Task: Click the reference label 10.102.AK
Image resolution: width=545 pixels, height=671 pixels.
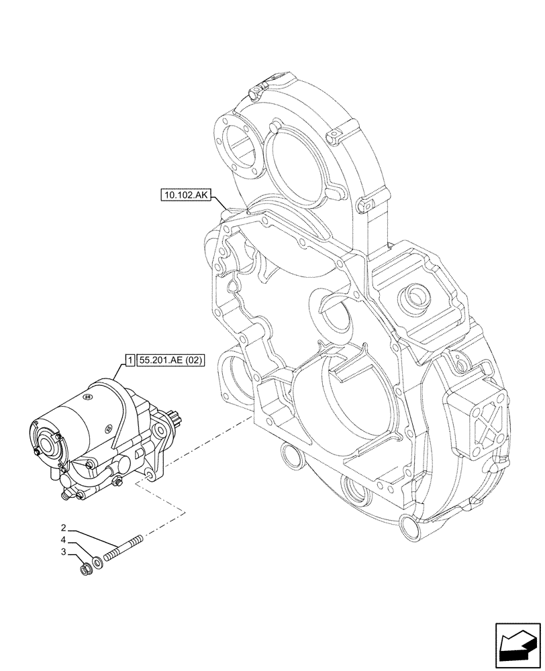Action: point(186,196)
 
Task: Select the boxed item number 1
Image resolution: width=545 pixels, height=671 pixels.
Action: point(129,360)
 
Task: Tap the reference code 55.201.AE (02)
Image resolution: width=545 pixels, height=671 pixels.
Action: point(170,360)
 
